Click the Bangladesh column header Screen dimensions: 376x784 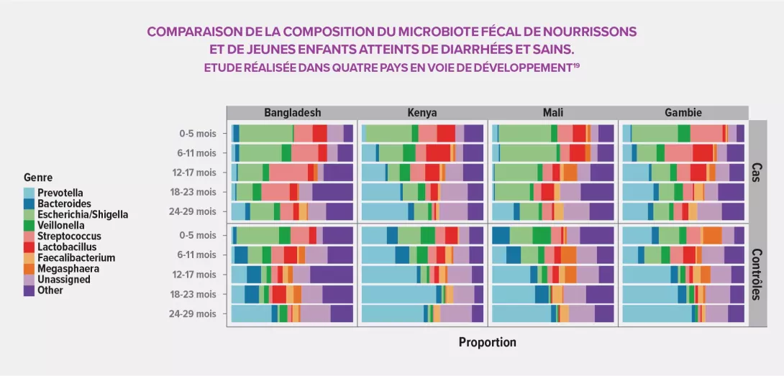pos(292,113)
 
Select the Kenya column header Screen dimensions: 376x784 pos(422,113)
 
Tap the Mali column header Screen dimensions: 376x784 pos(553,113)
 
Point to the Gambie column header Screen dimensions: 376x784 pos(683,113)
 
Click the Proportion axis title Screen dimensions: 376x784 pos(487,342)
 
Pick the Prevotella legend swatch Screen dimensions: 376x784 pos(29,193)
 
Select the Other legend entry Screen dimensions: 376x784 pos(51,290)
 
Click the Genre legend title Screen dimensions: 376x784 pos(37,178)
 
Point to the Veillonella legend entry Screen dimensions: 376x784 pos(63,225)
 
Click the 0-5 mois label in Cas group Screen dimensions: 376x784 pos(197,133)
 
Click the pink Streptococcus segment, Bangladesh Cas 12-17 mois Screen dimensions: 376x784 pos(288,172)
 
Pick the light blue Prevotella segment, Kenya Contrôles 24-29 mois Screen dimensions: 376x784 pos(394,313)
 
